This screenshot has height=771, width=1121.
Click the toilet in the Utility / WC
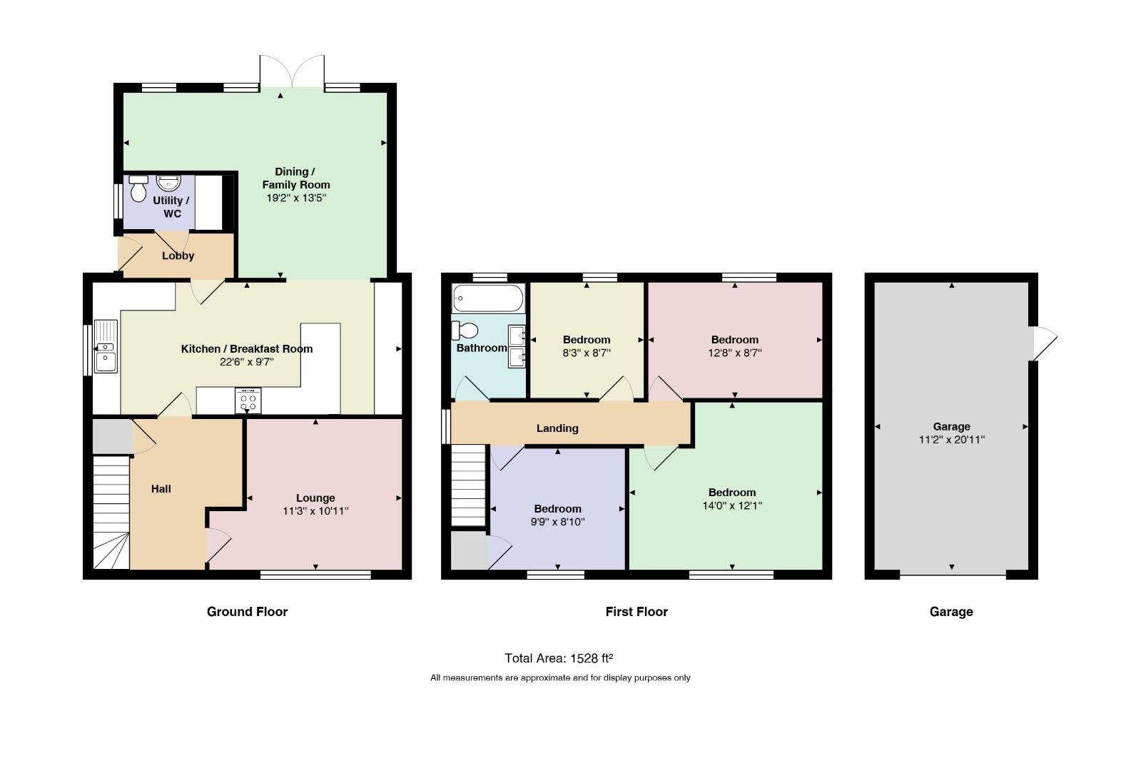[x=138, y=188]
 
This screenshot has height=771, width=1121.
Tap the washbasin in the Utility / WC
[x=168, y=183]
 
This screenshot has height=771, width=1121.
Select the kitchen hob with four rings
[x=248, y=400]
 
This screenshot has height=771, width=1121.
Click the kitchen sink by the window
[x=106, y=346]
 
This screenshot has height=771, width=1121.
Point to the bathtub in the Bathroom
[x=488, y=298]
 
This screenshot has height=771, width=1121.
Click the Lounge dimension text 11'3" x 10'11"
[x=315, y=511]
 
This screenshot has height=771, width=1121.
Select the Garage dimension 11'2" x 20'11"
[x=952, y=440]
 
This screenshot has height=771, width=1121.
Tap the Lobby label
[x=178, y=256]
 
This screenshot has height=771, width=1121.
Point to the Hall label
[x=161, y=489]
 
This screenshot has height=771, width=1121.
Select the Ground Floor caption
[x=247, y=612]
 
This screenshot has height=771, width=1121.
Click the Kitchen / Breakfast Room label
[x=247, y=349]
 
